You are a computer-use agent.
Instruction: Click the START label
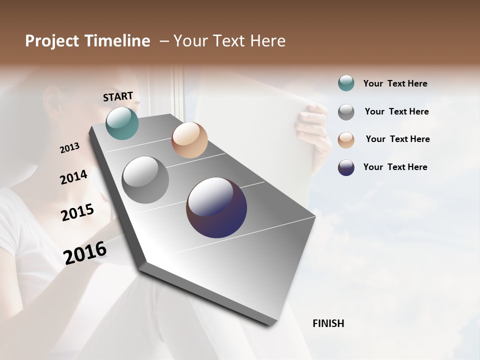tap(118, 96)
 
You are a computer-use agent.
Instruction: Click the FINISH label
tap(328, 323)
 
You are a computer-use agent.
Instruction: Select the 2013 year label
tap(69, 148)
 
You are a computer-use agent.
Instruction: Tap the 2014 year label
tap(73, 177)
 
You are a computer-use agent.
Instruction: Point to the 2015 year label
tap(77, 212)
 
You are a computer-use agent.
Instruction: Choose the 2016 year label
tap(85, 252)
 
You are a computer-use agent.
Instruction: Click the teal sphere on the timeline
tap(122, 123)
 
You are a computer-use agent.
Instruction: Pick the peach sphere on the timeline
tap(189, 140)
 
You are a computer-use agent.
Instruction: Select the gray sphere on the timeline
tap(145, 180)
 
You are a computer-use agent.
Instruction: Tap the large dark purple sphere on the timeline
tap(216, 207)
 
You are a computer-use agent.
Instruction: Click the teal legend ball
tap(346, 83)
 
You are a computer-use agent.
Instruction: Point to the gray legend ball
tap(346, 112)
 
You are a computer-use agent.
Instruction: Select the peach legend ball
tap(346, 140)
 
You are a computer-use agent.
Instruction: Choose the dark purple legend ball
tap(346, 167)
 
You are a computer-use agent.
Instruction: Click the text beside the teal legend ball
tap(395, 84)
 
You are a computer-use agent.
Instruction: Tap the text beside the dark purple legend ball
tap(395, 167)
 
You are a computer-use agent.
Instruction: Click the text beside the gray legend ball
tap(396, 111)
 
